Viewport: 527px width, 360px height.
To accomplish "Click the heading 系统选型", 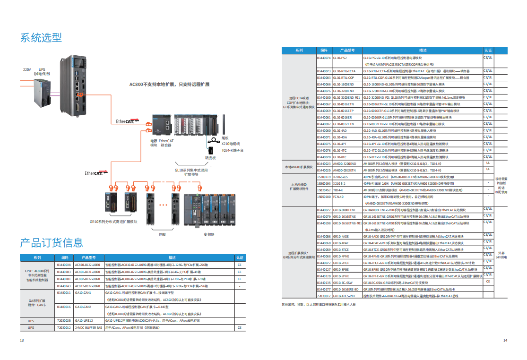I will (41, 38).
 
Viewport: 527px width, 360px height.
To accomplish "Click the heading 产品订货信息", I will (52, 243).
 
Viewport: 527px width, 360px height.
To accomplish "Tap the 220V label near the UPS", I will (27, 69).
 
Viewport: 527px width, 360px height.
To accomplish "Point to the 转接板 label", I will (210, 157).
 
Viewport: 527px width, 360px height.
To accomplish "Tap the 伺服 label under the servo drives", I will (163, 234).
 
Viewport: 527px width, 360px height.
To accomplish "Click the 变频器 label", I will (209, 234).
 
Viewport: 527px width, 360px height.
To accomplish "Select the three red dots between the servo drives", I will (164, 205).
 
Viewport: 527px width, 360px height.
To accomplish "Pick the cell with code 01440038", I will (64, 265).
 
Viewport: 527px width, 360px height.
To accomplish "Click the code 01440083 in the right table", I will (324, 77).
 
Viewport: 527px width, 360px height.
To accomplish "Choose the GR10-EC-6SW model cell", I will (343, 282).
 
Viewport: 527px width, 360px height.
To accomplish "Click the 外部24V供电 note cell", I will (501, 255).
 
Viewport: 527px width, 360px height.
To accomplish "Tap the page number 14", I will (505, 340).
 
